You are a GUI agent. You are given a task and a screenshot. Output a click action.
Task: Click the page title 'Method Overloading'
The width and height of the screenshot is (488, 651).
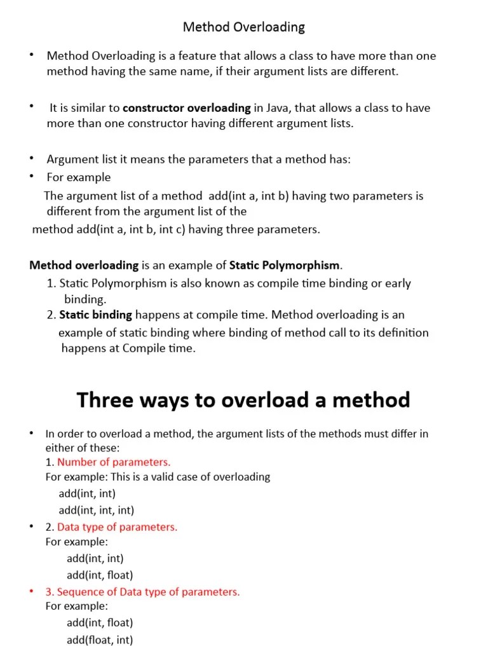coord(244,27)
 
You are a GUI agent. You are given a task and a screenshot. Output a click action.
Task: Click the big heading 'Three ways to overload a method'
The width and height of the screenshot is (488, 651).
coord(243,400)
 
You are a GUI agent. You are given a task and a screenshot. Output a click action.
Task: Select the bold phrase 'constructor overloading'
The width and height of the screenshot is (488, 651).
coord(187,108)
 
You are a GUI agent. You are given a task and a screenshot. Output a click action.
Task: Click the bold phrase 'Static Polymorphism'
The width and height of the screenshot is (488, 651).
coord(285,265)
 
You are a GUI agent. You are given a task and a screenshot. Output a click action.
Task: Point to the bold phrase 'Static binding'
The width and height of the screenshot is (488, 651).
coord(96,315)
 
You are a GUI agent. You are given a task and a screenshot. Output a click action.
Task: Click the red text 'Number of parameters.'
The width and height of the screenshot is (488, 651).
coord(114,462)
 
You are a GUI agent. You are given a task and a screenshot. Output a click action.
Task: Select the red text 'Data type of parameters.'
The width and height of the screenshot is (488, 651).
coord(118,526)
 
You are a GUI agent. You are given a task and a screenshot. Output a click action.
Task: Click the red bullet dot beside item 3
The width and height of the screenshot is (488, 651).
coord(31,591)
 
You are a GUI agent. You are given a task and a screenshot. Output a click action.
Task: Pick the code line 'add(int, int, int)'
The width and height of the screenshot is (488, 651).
coord(97,510)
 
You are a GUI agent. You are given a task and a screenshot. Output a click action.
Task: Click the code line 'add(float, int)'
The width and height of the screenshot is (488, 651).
coord(100,640)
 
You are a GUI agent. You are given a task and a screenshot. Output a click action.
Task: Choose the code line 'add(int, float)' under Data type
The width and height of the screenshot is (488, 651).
coord(100,575)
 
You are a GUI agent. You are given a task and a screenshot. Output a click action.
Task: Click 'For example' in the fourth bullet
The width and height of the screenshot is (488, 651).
coord(79,177)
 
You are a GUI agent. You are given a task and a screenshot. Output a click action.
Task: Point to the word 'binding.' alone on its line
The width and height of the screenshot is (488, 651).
coord(86,299)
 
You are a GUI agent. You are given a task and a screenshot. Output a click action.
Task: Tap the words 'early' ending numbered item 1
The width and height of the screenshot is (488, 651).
coord(398,284)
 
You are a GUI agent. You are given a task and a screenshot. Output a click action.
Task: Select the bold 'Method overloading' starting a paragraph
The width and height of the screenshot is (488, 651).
coord(84,265)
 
